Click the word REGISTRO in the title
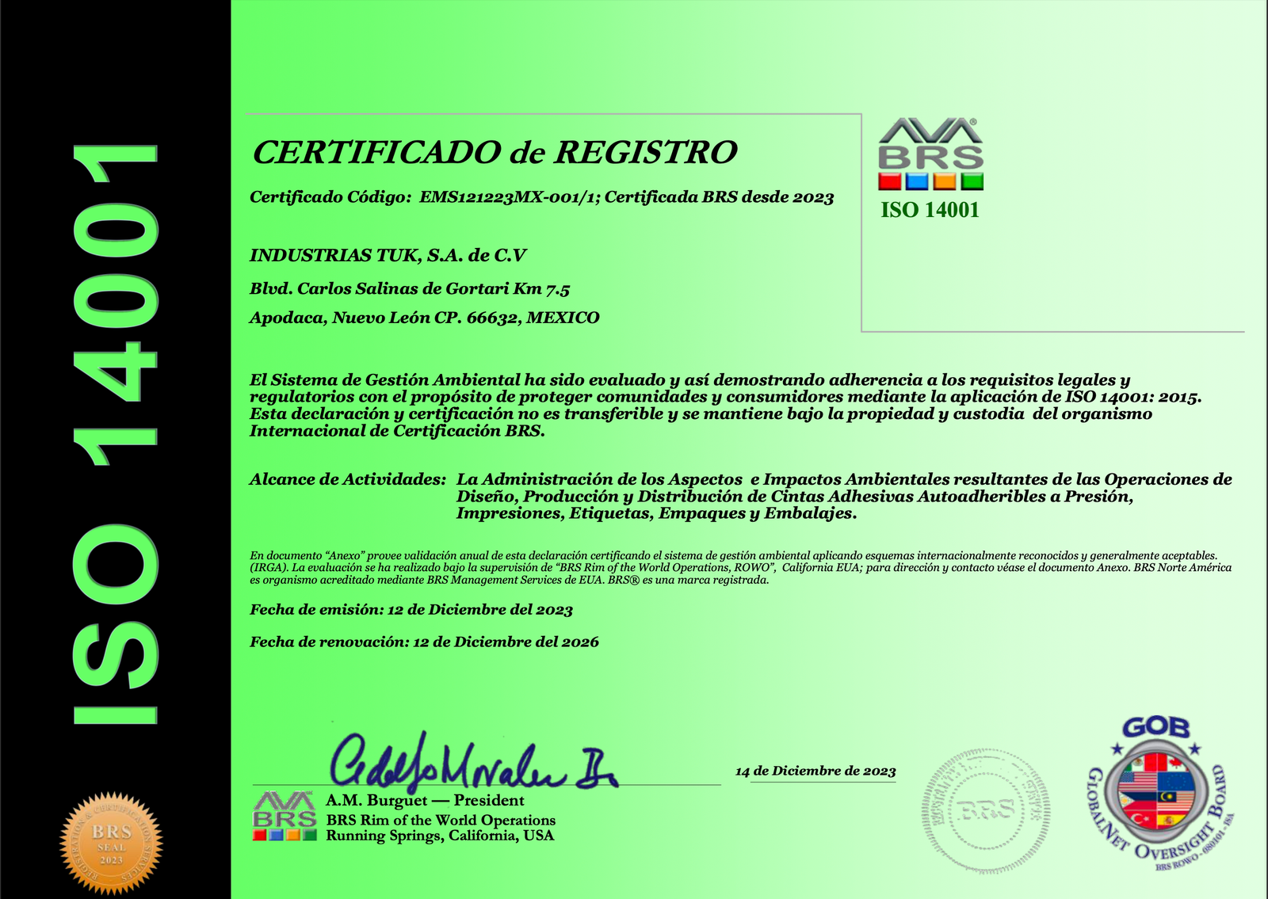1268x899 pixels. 645,152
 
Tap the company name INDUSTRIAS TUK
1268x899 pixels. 334,255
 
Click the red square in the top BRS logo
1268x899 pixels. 890,181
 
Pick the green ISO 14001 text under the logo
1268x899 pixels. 930,210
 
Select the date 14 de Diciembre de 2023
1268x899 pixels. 815,771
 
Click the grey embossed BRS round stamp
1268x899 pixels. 985,809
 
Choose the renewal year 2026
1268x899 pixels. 580,642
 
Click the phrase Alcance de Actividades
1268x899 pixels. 348,479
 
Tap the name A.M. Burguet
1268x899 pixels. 376,801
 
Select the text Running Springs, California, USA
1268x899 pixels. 440,836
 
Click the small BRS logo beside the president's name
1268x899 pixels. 285,817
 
